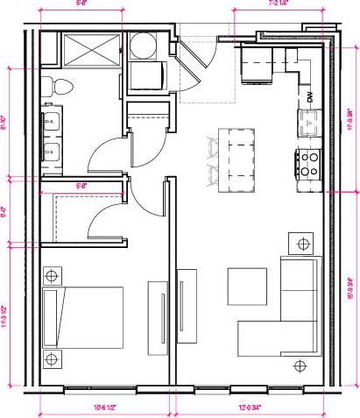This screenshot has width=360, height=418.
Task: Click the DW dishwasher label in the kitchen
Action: point(309,96)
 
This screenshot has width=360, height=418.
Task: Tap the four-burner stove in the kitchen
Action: point(309,161)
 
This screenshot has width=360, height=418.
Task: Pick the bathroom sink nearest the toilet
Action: point(53,121)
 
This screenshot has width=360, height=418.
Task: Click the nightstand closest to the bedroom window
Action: point(53,358)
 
